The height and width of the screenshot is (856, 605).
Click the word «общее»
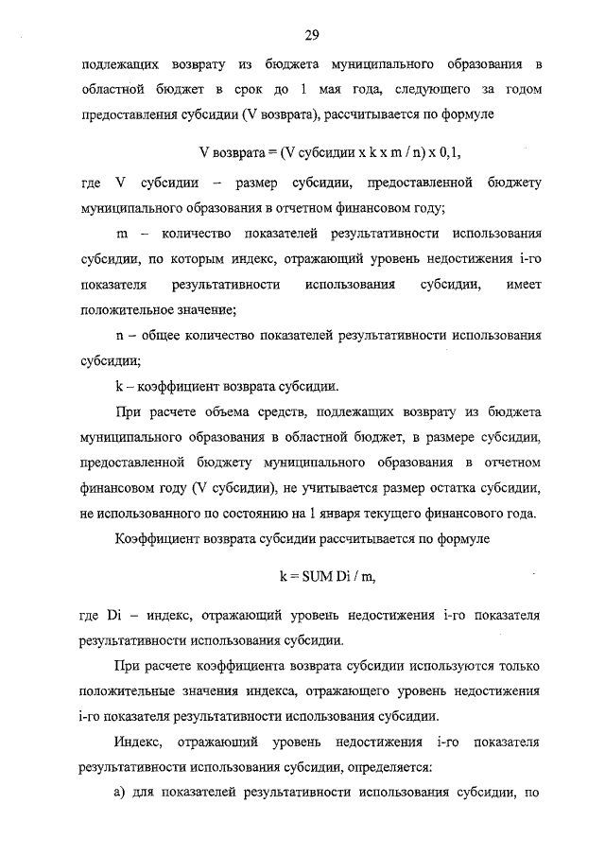pyautogui.click(x=164, y=335)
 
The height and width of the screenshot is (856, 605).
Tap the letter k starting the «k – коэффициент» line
pyautogui.click(x=119, y=386)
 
